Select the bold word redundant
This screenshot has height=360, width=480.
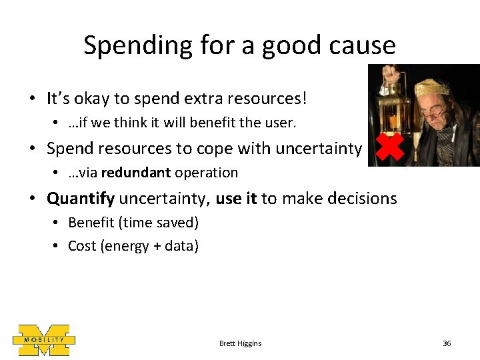[136, 173]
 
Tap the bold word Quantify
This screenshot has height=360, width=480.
[81, 198]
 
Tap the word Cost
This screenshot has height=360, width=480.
[82, 246]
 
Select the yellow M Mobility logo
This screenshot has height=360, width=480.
[44, 340]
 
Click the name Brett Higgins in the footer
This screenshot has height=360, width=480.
[240, 343]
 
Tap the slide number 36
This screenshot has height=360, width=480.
[447, 343]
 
